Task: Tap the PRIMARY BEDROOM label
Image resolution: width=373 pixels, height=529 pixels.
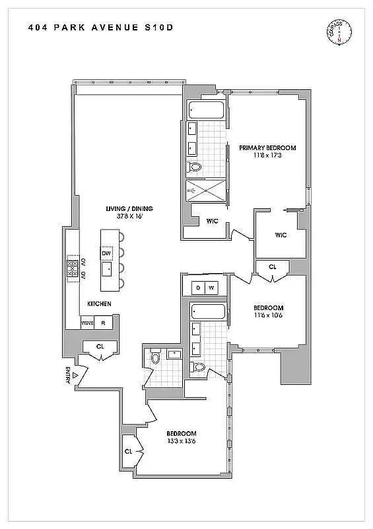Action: [267, 147]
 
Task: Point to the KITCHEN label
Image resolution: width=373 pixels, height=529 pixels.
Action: [99, 304]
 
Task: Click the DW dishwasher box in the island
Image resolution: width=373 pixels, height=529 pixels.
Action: [106, 253]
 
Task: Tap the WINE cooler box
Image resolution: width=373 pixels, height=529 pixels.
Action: [86, 323]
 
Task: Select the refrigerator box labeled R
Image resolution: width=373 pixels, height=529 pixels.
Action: [103, 323]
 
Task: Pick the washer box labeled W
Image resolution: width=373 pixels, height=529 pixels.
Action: [211, 288]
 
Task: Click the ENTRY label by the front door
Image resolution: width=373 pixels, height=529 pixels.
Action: [67, 376]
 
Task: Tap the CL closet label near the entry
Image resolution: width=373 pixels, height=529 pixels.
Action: [100, 346]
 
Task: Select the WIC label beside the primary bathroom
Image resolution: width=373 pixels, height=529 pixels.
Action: [213, 221]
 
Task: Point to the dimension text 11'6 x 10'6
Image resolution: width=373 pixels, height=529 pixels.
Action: [268, 316]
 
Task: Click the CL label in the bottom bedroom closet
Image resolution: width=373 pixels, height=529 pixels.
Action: [128, 452]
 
